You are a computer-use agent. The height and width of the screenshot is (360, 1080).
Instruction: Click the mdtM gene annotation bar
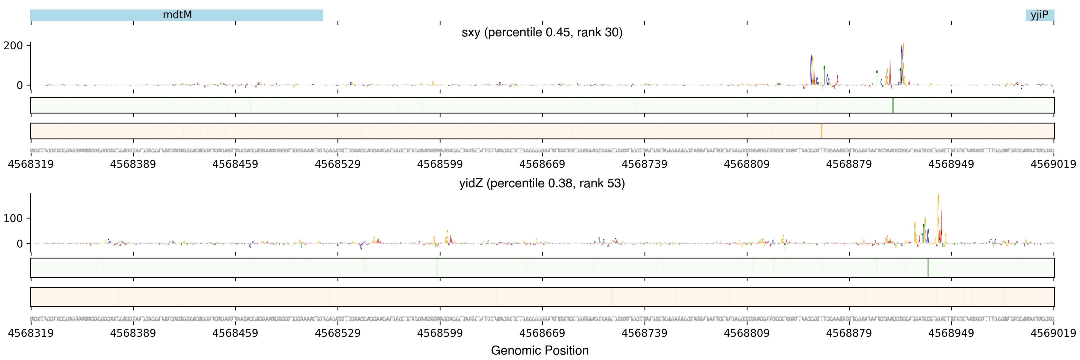click(176, 15)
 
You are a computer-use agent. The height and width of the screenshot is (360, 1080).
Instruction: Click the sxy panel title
click(542, 32)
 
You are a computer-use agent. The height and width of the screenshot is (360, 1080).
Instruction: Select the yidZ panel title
click(542, 183)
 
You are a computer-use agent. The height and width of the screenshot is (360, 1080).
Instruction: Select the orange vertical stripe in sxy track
click(821, 131)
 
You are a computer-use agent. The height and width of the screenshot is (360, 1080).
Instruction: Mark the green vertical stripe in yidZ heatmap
click(928, 267)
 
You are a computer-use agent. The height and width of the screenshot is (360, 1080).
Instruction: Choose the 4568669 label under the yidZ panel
click(542, 333)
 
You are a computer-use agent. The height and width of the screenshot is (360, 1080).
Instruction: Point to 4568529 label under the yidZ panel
click(337, 333)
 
